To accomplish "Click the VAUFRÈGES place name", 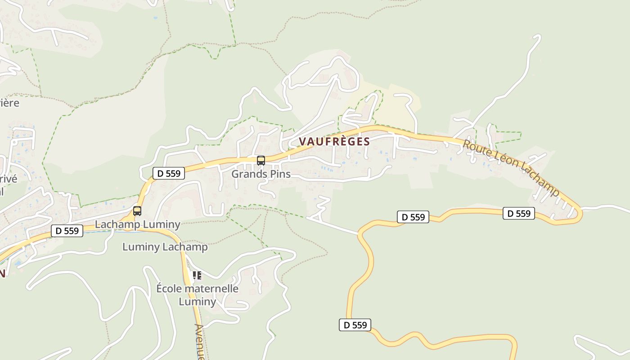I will (334, 141).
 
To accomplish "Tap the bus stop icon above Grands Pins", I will (261, 161).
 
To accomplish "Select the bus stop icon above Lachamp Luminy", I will (137, 211).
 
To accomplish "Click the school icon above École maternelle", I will (197, 275).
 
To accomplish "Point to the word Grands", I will (246, 174).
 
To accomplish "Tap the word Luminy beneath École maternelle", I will (198, 301).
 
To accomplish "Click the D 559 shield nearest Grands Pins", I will (169, 173).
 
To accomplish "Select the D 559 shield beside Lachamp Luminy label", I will (67, 231).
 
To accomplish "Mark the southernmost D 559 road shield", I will (355, 325).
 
